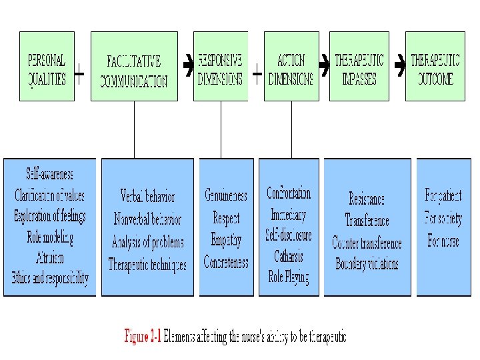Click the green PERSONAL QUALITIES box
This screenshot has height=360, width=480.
coord(47,66)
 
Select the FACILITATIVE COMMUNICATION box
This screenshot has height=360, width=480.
coord(134,67)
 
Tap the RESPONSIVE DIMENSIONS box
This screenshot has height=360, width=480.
coord(220,66)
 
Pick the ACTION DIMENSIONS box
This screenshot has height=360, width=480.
coord(291,66)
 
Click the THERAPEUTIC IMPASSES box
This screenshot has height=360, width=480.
coord(359,66)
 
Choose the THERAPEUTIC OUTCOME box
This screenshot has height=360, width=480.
coord(435,66)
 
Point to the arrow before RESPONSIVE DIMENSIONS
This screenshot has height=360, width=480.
coord(188,66)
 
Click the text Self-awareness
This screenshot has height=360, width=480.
coord(49,175)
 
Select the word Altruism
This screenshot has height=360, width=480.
coord(50,257)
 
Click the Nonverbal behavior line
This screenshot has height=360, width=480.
coord(147,219)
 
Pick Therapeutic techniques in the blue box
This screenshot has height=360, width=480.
coord(147,265)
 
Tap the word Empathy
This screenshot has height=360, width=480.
coord(226,240)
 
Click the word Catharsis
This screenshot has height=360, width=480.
coord(289,257)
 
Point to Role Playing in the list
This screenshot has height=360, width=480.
coord(288,277)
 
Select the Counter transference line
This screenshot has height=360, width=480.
coord(367,243)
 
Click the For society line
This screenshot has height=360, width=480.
coord(443,218)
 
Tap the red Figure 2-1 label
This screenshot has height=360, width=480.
coord(143,337)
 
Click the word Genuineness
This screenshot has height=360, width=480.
coord(226,195)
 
